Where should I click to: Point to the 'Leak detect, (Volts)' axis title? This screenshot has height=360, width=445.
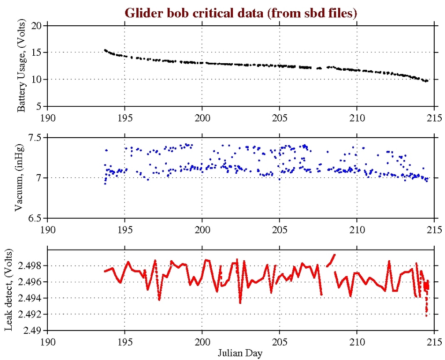[8, 291]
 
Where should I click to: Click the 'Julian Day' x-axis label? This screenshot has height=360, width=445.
[240, 352]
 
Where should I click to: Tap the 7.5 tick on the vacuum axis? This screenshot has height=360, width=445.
[35, 138]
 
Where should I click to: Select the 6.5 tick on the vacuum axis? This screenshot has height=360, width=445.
[35, 218]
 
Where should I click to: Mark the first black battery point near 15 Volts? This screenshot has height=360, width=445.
[105, 50]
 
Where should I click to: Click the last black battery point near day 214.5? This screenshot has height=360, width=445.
[427, 81]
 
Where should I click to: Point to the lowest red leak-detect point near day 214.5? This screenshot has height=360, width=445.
[426, 316]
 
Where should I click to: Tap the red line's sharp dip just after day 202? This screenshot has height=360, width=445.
[240, 302]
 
